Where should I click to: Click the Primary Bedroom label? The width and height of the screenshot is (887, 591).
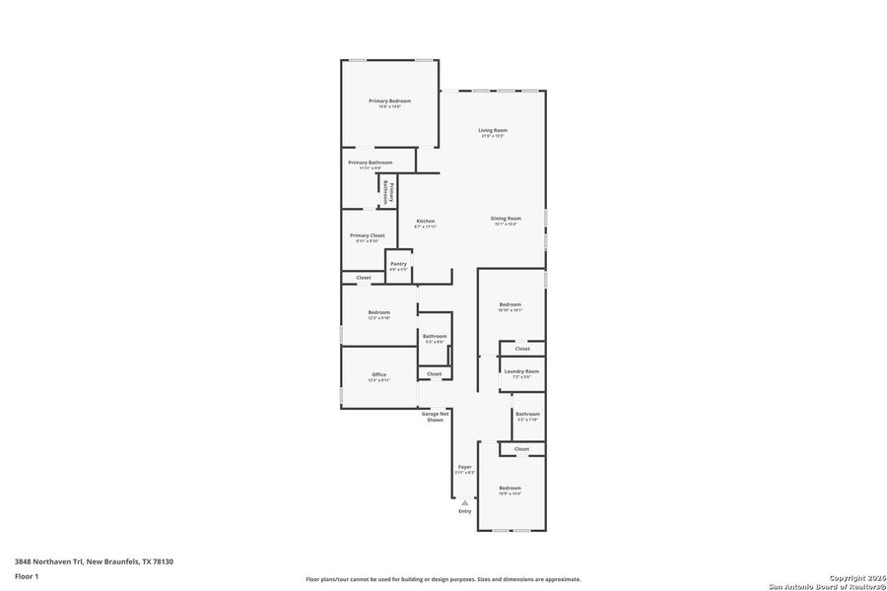389,101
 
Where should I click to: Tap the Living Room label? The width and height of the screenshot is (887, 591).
493,130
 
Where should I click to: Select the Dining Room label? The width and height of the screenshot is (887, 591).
506,219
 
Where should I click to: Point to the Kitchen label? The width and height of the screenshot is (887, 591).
425,222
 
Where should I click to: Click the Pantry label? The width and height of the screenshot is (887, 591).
398,264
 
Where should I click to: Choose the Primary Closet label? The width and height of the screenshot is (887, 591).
368,235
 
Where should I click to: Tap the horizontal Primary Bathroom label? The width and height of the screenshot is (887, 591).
370,163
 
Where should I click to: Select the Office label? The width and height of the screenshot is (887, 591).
378,374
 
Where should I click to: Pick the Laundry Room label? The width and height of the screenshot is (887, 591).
521,371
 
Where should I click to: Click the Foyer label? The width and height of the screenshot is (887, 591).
464,467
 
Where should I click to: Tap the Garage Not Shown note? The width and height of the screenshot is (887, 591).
435,417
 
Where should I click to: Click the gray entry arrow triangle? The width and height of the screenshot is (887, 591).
464,502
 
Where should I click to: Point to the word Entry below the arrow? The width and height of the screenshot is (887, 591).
464,511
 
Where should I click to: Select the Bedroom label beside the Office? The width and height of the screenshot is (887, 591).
378,312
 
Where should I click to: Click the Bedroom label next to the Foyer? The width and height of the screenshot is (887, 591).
510,489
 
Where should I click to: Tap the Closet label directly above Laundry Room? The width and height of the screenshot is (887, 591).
521,349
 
